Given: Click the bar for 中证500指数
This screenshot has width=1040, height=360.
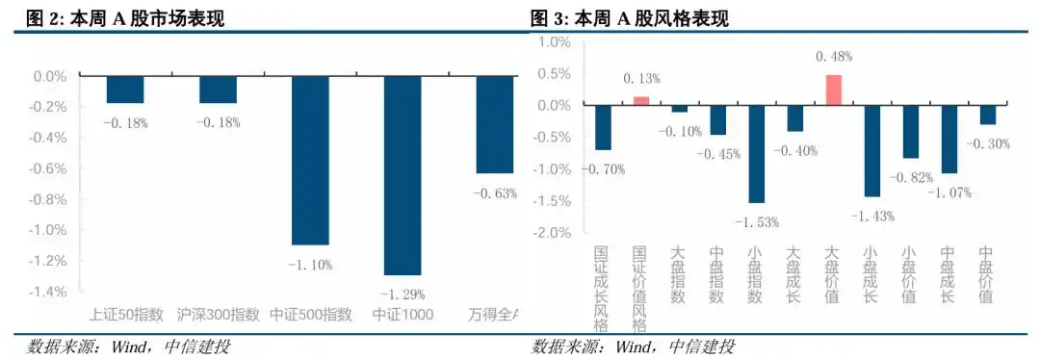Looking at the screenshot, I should coord(310,160).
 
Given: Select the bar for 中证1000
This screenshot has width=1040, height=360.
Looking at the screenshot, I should coord(403,175).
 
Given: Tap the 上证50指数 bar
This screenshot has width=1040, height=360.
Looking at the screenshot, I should coord(125,90).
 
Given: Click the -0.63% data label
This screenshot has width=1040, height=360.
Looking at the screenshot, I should coord(495,193).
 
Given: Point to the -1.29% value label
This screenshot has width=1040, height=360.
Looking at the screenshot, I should coord(403,294).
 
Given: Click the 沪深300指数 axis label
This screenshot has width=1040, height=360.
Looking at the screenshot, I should coord(219,315).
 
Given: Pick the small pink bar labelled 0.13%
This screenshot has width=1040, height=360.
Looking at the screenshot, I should coord(640,100).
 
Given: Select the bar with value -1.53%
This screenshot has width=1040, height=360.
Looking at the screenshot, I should coord(756,154).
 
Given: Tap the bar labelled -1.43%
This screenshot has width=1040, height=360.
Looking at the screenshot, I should coord(871,150).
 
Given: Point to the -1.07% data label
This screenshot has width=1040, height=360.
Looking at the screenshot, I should coord(949,192).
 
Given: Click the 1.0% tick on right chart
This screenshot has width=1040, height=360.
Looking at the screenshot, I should coord(555,42).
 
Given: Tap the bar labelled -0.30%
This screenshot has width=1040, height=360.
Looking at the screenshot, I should coord(987,115).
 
